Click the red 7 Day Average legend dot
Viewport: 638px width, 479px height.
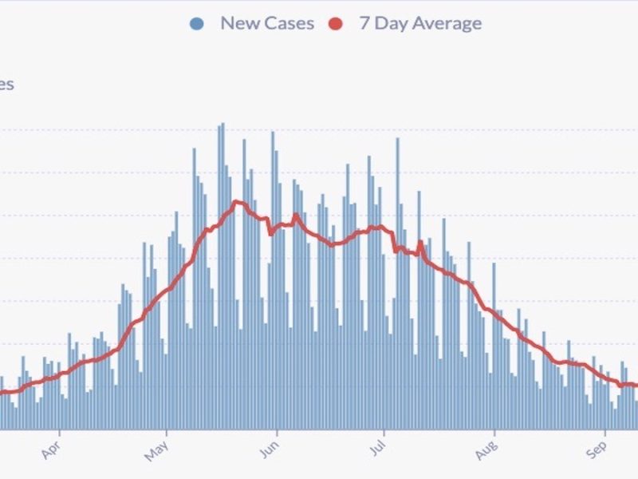coord(336,23)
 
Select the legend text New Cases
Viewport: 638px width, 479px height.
coord(267,23)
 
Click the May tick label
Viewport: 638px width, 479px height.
coord(159,453)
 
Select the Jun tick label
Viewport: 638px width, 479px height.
coord(268,453)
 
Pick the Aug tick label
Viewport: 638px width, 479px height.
coord(486,453)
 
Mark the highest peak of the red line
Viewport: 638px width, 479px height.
coord(236,201)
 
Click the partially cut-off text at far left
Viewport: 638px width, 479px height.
coord(6,85)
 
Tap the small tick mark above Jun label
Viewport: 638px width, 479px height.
coord(275,433)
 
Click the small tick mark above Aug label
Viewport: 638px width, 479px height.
coord(493,433)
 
